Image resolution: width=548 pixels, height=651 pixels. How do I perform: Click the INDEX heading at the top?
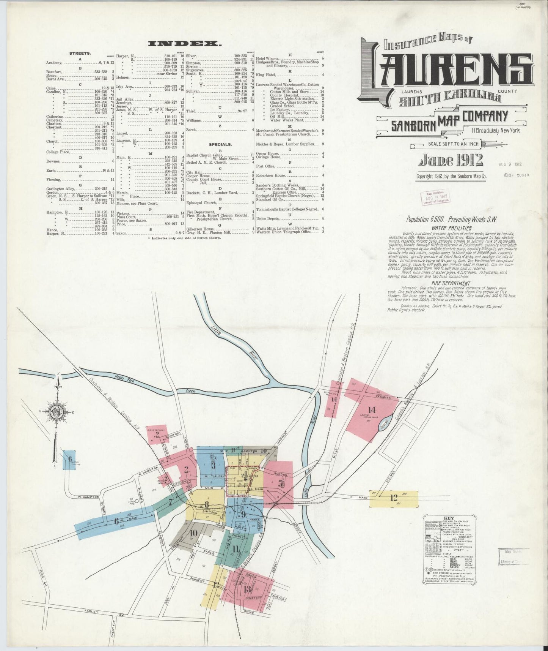point(184,44)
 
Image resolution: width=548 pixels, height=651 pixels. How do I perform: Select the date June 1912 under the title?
point(450,161)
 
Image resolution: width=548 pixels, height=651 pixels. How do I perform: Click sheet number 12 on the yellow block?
point(394,496)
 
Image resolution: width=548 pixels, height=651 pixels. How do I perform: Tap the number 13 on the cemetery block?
point(247,589)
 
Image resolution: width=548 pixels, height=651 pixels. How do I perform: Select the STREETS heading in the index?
point(80,54)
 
